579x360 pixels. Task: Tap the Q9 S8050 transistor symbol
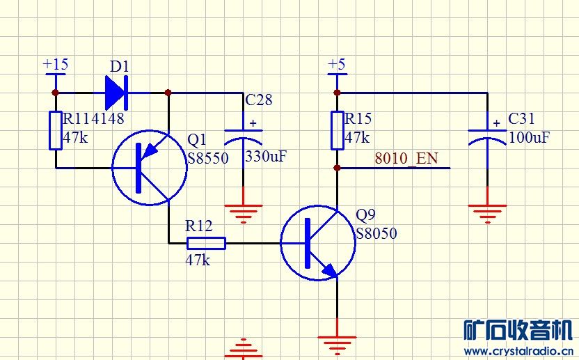[318, 243]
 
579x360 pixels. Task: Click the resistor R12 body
[206, 243]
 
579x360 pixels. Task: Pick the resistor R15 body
[337, 130]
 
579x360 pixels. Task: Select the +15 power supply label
[56, 64]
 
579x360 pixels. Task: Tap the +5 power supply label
[336, 64]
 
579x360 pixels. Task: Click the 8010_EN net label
[406, 158]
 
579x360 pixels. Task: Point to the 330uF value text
[266, 157]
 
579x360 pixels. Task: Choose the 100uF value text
[530, 137]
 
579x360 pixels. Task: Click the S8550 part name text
[208, 158]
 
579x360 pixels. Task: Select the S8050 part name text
[376, 233]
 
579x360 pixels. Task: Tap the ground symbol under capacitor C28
[243, 212]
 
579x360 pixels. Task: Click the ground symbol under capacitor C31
[486, 212]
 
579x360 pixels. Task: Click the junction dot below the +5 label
[337, 92]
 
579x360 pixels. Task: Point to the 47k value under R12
[198, 260]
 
